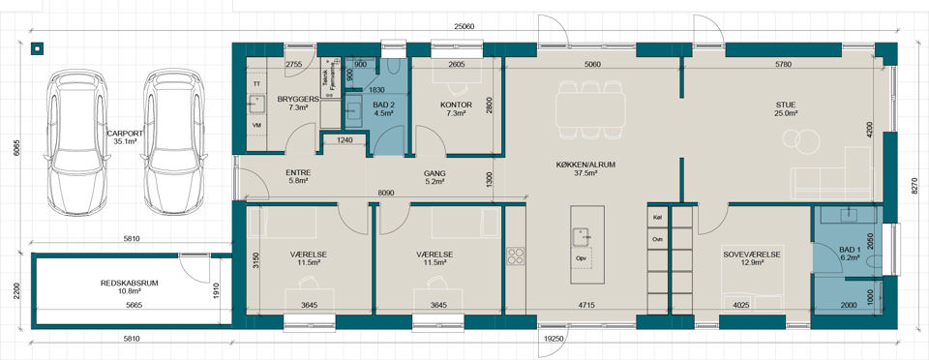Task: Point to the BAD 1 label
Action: pyautogui.click(x=852, y=250)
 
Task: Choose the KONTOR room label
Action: pyautogui.click(x=456, y=105)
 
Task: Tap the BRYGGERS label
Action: pyautogui.click(x=299, y=99)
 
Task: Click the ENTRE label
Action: pyautogui.click(x=298, y=173)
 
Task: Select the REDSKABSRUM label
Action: pyautogui.click(x=129, y=283)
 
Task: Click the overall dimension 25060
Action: pyautogui.click(x=464, y=26)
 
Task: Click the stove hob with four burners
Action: pyautogui.click(x=516, y=255)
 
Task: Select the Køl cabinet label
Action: pyautogui.click(x=656, y=217)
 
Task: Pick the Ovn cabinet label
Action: pyautogui.click(x=656, y=240)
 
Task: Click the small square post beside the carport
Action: pyautogui.click(x=37, y=48)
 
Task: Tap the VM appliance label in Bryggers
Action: pyautogui.click(x=256, y=126)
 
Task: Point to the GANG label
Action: pyautogui.click(x=435, y=173)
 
